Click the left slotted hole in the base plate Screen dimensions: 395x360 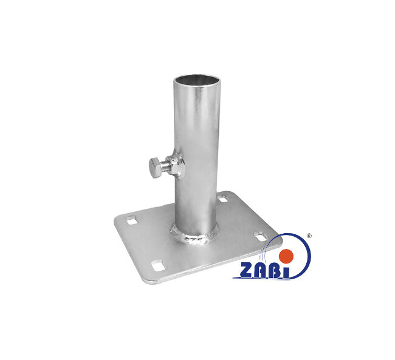point(132,220)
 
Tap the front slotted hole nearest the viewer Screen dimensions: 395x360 point(158,266)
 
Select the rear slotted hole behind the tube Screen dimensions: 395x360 point(223,198)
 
